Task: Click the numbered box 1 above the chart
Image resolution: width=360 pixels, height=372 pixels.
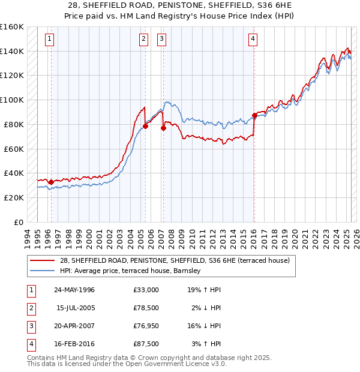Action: click(49, 40)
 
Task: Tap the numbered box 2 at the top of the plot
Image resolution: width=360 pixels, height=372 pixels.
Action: click(144, 40)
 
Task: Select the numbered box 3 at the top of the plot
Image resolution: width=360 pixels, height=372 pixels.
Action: click(162, 40)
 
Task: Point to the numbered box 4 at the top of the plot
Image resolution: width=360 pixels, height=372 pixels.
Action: click(253, 40)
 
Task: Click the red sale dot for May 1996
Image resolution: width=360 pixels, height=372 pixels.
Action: click(51, 182)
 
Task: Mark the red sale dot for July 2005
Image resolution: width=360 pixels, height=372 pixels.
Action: click(145, 126)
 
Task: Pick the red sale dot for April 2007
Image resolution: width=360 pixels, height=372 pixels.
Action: click(163, 128)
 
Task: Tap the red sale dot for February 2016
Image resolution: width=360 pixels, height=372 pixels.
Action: click(254, 115)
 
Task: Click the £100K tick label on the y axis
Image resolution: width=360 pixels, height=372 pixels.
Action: click(12, 100)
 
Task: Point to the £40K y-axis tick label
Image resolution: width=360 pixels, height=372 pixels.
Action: click(14, 173)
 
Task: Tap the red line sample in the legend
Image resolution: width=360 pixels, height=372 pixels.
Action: click(43, 260)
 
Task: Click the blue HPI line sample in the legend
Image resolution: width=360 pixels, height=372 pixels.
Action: click(43, 271)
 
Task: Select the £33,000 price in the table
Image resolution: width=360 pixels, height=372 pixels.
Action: click(146, 290)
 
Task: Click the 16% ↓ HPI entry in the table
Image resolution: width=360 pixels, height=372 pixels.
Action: click(203, 326)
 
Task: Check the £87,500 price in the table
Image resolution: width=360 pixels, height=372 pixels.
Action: click(146, 344)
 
